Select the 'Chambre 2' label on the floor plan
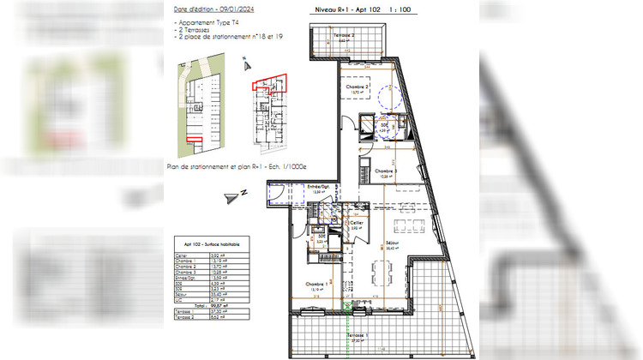pos(358,87)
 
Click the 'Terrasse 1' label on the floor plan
pos(357,335)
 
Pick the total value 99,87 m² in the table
pos(215,304)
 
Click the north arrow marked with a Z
pos(231,196)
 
